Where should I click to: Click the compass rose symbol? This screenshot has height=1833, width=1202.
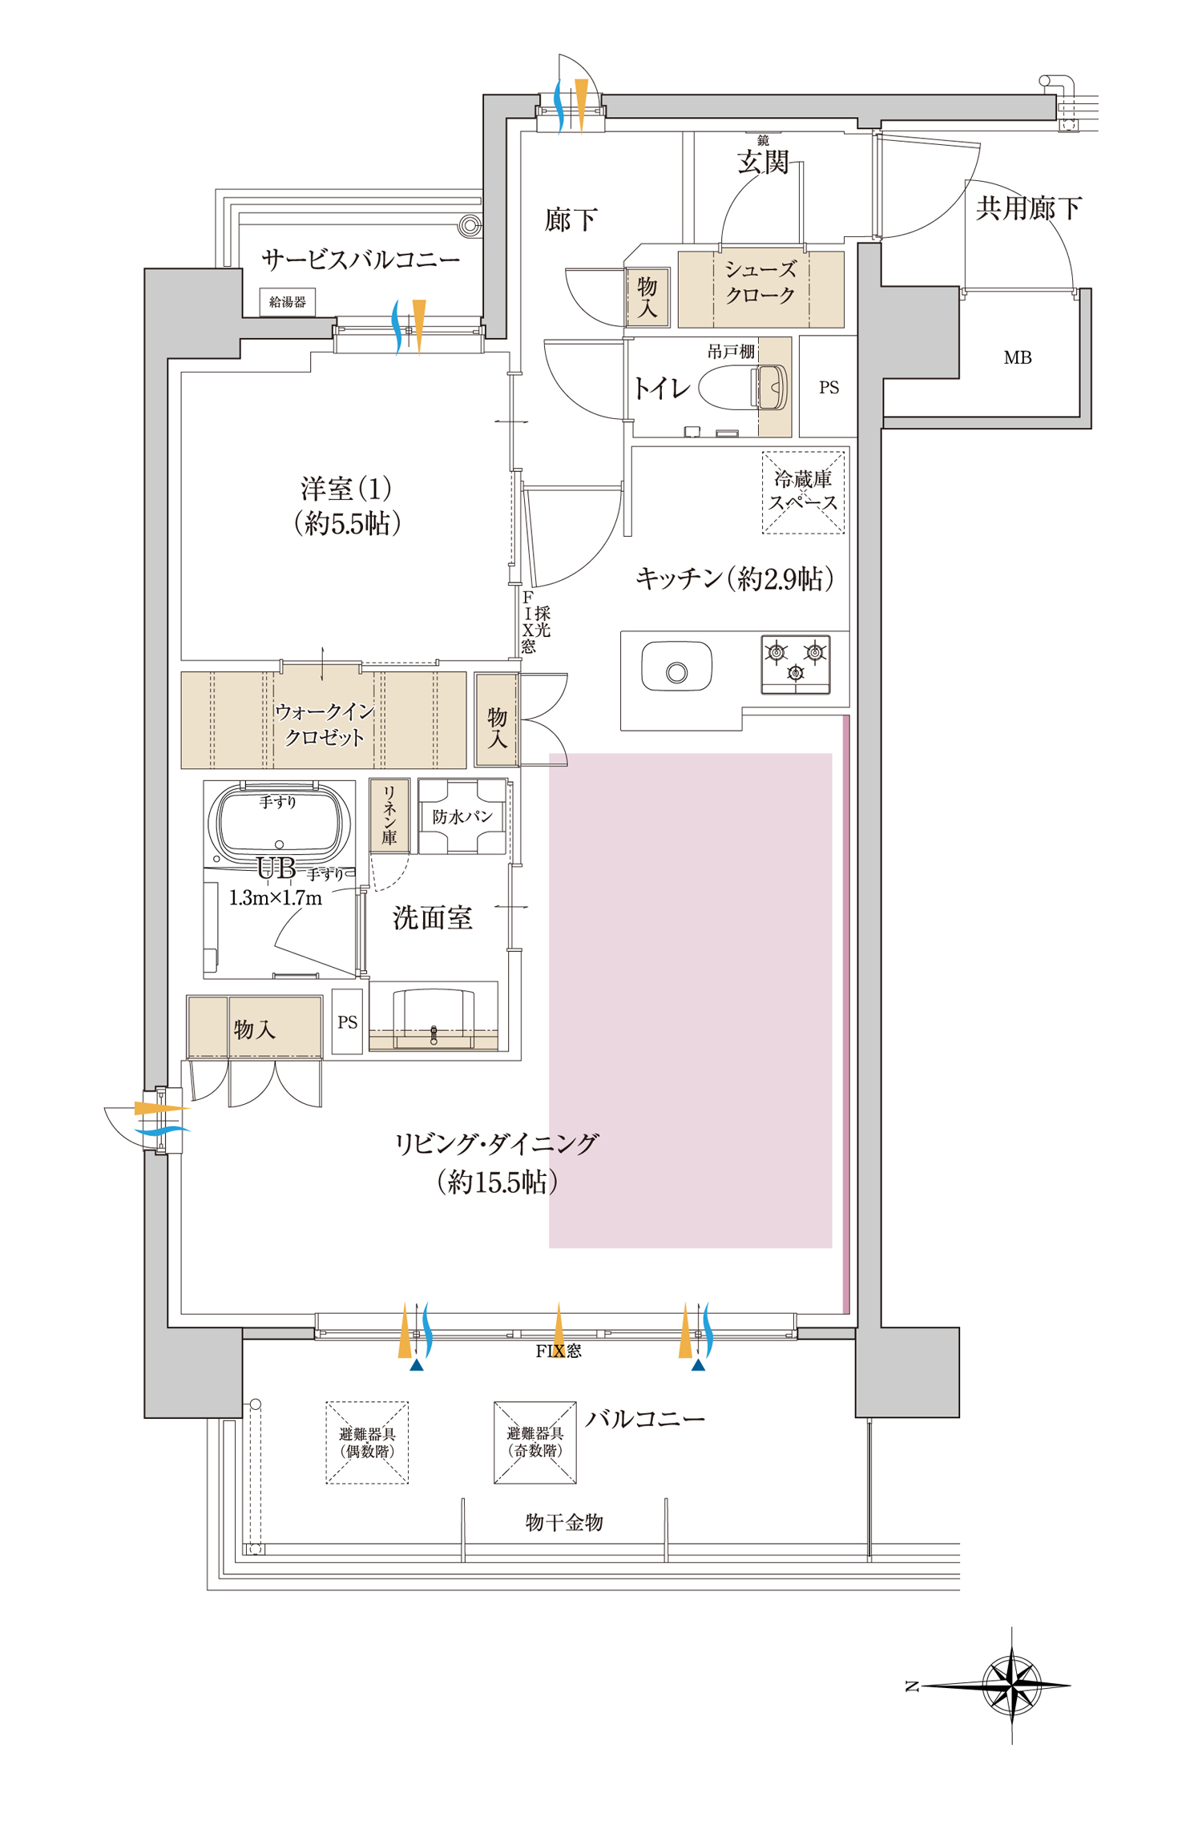pos(1011,1686)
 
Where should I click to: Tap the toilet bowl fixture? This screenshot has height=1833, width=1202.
pos(743,388)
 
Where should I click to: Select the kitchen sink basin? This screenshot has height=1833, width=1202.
pos(676,666)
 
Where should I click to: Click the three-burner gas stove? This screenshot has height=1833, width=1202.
pos(795,664)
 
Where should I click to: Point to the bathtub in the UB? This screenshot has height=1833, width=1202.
pos(279,821)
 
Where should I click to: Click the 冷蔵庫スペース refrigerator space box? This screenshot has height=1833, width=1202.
pos(803,492)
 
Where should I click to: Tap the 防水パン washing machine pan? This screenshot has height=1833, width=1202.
pos(462,816)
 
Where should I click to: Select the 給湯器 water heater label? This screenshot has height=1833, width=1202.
pos(288,302)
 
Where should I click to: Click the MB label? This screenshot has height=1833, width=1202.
pos(1018,358)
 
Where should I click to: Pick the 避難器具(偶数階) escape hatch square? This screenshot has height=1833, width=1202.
pos(367,1442)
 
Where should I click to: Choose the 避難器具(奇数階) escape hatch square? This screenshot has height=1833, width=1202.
pos(535,1442)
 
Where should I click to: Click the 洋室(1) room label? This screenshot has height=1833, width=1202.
pos(346,488)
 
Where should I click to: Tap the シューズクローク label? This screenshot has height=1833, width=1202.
pos(760,283)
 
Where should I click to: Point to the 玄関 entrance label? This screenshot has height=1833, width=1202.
pos(763,163)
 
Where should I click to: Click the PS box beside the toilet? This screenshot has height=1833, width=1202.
pos(829,387)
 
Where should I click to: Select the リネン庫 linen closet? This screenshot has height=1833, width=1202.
pos(389,816)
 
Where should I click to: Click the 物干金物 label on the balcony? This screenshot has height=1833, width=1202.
pos(564,1522)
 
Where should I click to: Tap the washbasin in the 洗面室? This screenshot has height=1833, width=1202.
pos(434,1017)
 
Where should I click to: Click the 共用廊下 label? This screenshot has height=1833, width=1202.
pos(1029,208)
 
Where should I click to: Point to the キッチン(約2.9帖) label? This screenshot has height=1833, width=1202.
pos(735,578)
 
